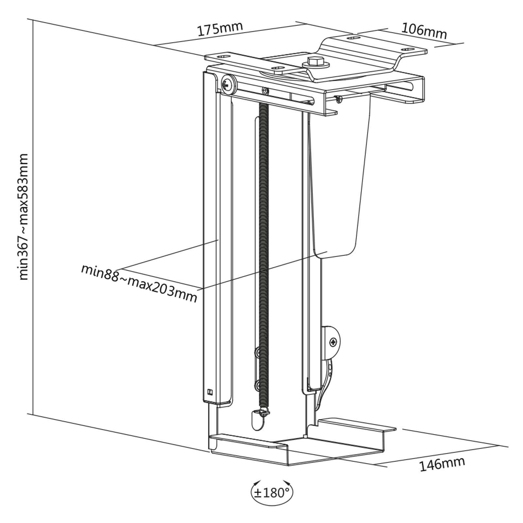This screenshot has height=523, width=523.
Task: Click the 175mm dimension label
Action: (220, 29)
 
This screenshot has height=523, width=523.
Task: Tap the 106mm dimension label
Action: (424, 31)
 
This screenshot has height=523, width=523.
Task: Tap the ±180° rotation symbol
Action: (272, 492)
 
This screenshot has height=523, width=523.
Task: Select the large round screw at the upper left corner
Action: (228, 85)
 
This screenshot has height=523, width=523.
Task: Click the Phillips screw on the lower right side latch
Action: (333, 343)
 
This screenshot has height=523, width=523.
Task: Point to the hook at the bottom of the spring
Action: (264, 413)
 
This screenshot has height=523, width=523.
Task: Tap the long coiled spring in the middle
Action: (263, 255)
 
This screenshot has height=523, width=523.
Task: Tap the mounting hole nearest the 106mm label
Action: (407, 49)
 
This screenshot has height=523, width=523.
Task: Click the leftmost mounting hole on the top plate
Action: (223, 56)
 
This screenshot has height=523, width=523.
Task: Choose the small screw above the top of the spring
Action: (266, 90)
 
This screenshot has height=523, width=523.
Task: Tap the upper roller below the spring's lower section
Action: (258, 352)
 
